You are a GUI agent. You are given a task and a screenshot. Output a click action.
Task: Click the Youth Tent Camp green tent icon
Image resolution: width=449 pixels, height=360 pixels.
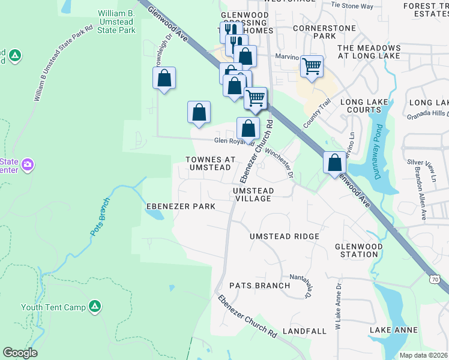(94, 307)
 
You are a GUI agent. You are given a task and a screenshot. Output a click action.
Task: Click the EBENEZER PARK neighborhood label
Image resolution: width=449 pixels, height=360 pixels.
(181, 206)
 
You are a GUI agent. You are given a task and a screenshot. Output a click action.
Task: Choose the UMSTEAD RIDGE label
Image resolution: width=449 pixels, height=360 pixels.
(285, 236)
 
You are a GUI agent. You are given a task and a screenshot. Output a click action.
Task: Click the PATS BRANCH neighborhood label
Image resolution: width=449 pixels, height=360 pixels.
(259, 286)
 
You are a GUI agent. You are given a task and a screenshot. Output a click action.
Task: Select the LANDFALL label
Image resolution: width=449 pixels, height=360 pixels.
(304, 331)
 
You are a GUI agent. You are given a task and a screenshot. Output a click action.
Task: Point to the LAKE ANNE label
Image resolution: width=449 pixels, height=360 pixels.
(393, 331)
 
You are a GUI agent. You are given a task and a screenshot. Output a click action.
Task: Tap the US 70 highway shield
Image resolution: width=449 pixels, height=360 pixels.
(435, 279)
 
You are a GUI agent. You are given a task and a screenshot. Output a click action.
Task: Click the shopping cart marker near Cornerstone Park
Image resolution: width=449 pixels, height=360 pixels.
(312, 66)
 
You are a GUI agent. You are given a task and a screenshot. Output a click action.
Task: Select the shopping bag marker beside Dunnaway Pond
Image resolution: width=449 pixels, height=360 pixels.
(334, 162)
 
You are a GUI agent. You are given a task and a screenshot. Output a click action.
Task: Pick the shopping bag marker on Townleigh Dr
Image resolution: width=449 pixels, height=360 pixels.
(164, 78)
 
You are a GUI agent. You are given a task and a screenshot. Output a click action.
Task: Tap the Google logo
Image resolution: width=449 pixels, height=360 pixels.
(20, 353)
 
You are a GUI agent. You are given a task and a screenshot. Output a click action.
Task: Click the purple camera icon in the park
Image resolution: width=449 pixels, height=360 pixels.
(28, 164)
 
